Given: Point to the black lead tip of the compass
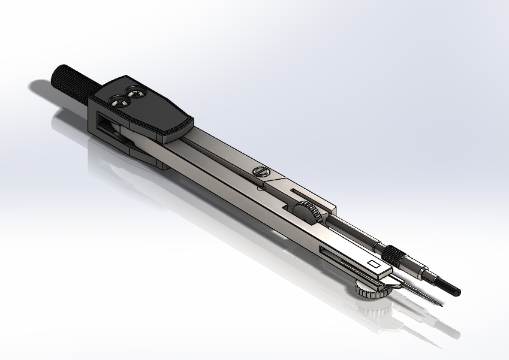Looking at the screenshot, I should point(449,288).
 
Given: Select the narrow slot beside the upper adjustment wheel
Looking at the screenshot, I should point(306,195).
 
